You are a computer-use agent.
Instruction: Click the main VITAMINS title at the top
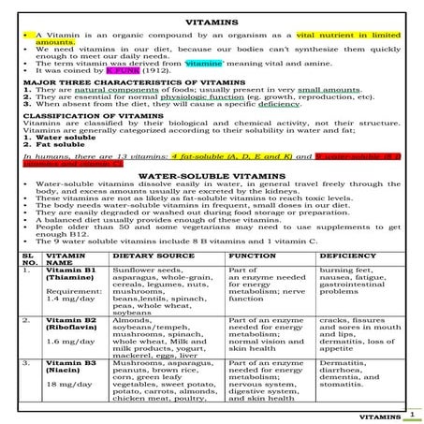click(212, 20)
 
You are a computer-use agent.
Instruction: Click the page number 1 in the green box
click(412, 413)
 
